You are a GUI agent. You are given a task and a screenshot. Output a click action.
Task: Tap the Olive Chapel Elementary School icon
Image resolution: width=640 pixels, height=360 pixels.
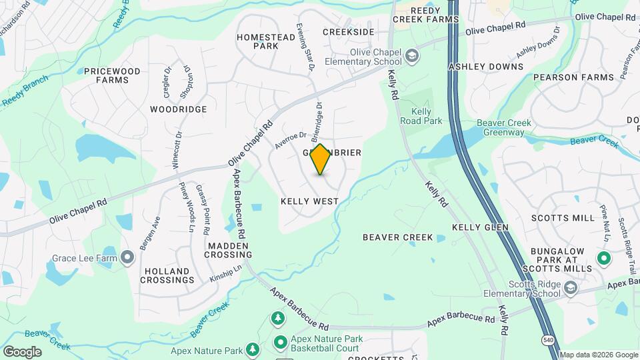click(413, 55)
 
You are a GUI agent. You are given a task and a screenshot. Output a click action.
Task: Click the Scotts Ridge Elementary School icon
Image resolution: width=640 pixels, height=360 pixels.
click(570, 288)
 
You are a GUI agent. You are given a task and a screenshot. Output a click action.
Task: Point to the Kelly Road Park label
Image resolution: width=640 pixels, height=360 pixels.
click(421, 116)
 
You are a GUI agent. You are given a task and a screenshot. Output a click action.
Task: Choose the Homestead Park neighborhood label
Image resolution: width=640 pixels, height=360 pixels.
click(266, 41)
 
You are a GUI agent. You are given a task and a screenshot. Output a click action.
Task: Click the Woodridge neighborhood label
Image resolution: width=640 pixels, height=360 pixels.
click(178, 109)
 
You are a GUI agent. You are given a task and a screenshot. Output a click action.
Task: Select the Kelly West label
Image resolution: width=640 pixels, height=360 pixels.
click(309, 201)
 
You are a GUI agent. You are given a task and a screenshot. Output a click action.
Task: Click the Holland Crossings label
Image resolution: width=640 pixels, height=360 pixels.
click(167, 275)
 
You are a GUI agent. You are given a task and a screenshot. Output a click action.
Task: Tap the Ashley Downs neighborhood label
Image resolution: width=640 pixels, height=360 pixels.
click(485, 67)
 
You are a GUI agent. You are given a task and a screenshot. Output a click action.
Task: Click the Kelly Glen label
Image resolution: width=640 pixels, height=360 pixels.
click(480, 227)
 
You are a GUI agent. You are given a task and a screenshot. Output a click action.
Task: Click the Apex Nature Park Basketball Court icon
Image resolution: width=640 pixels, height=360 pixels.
click(280, 343)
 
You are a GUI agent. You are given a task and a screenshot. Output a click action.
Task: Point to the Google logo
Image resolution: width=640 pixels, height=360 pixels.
click(21, 351)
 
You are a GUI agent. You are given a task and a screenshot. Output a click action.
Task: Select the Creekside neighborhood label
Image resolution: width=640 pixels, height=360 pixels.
click(348, 31)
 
